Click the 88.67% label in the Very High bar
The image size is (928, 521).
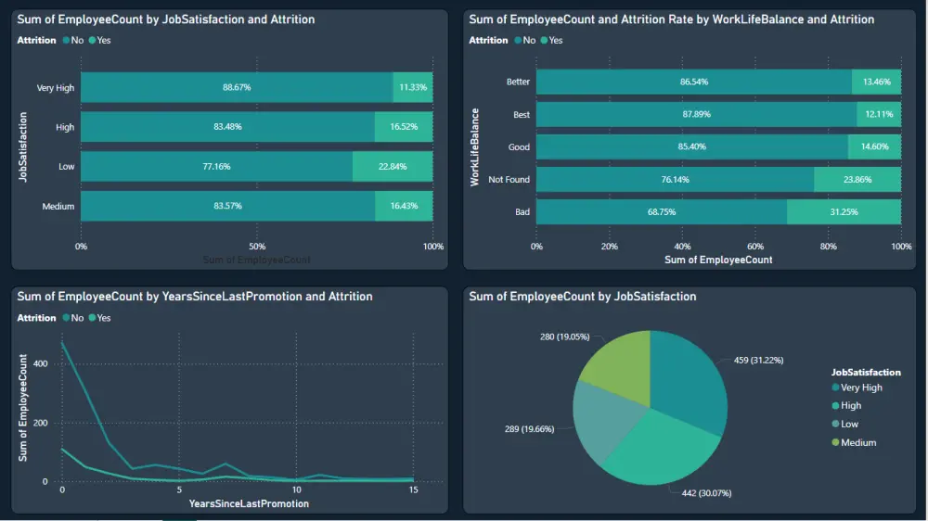pyautogui.click(x=237, y=87)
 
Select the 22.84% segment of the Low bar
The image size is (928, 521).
pyautogui.click(x=393, y=167)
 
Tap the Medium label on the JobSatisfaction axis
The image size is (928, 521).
pyautogui.click(x=58, y=206)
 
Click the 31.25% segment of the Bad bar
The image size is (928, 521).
pyautogui.click(x=844, y=212)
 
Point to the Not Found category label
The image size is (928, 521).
pyautogui.click(x=509, y=180)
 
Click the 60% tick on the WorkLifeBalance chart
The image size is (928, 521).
pyautogui.click(x=755, y=247)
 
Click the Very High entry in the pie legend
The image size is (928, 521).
pyautogui.click(x=861, y=388)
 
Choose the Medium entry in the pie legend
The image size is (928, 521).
pyautogui.click(x=857, y=442)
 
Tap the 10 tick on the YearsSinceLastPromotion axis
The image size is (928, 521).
pyautogui.click(x=295, y=489)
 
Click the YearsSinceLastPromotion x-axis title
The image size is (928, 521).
pyautogui.click(x=249, y=503)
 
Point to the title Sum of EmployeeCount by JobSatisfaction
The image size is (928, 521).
pyautogui.click(x=166, y=19)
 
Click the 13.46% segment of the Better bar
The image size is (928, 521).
pyautogui.click(x=876, y=82)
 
